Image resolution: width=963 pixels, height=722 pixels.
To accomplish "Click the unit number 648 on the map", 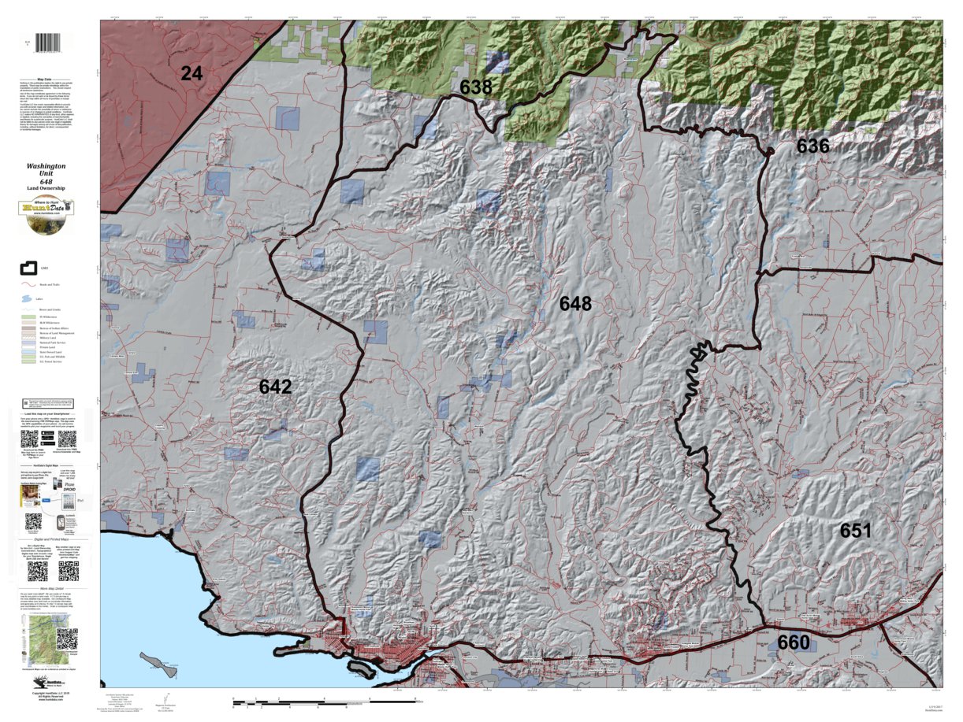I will [575, 303].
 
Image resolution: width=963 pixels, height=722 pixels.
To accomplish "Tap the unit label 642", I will [275, 387].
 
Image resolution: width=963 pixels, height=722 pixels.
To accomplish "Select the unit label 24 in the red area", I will [191, 74].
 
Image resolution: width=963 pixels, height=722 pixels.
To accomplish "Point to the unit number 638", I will [476, 87].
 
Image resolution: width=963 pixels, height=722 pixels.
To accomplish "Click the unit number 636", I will [812, 146].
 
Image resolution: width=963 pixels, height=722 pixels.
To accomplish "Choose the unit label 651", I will [855, 530].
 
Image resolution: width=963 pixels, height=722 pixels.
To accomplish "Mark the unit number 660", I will [793, 642].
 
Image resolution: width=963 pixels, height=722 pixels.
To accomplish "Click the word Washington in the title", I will [46, 166].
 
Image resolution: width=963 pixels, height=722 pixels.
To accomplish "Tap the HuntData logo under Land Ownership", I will [46, 215].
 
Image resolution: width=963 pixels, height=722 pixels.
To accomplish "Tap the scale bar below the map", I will [323, 699].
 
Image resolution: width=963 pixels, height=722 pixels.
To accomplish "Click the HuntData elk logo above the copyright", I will [45, 683].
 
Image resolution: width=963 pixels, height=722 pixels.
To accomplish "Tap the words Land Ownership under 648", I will [46, 189].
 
